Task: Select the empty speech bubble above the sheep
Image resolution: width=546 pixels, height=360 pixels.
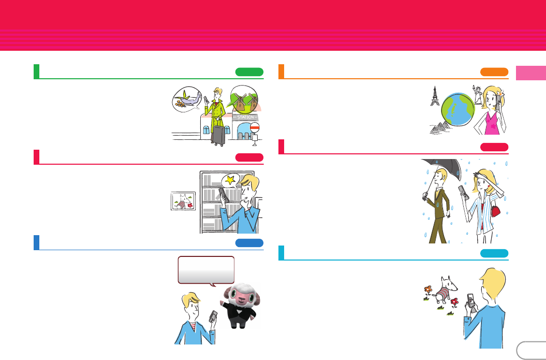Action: (x=206, y=269)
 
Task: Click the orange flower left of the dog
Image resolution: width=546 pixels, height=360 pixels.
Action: (x=427, y=290)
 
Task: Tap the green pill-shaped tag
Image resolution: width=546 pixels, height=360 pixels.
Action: (x=249, y=72)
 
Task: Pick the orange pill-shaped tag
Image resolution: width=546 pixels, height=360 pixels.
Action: (x=494, y=72)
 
